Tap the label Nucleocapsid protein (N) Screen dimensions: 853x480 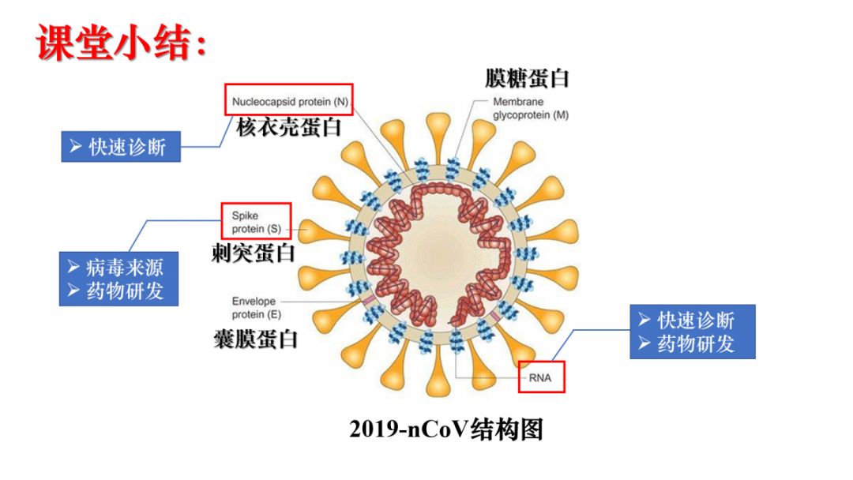pyautogui.click(x=289, y=101)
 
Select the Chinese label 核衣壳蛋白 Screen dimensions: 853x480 pyautogui.click(x=289, y=127)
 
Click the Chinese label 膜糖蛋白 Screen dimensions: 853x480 pyautogui.click(x=527, y=78)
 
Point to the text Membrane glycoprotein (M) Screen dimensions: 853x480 pyautogui.click(x=530, y=108)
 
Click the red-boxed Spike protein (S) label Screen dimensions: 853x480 pyautogui.click(x=256, y=222)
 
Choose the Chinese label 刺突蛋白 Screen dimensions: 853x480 pyautogui.click(x=253, y=253)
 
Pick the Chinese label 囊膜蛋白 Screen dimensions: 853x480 pyautogui.click(x=255, y=339)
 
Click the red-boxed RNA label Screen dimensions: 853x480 pyautogui.click(x=541, y=377)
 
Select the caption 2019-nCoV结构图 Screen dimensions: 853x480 pyautogui.click(x=446, y=429)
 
